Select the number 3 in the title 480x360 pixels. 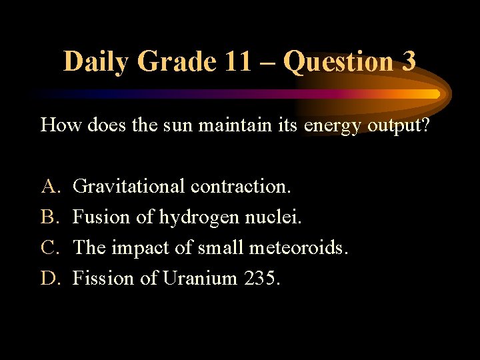pos(408,62)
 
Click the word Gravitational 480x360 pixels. pos(129,186)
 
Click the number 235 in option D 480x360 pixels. pos(259,278)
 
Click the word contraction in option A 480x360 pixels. pos(239,186)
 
